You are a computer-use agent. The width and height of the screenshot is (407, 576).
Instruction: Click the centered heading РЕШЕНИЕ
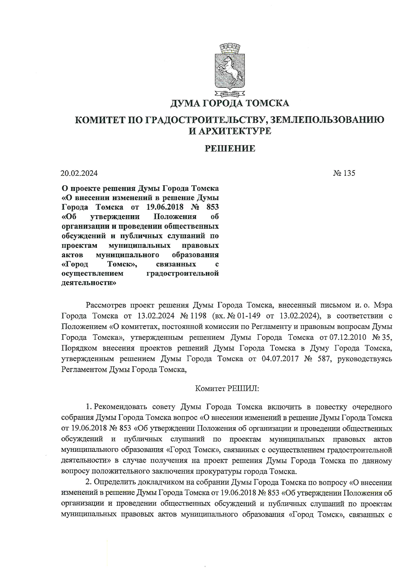(230, 149)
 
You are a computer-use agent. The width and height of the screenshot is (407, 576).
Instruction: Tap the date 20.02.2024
(79, 173)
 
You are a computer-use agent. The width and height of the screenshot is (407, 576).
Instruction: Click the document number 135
(349, 173)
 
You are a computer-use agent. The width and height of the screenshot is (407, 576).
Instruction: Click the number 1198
(198, 316)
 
